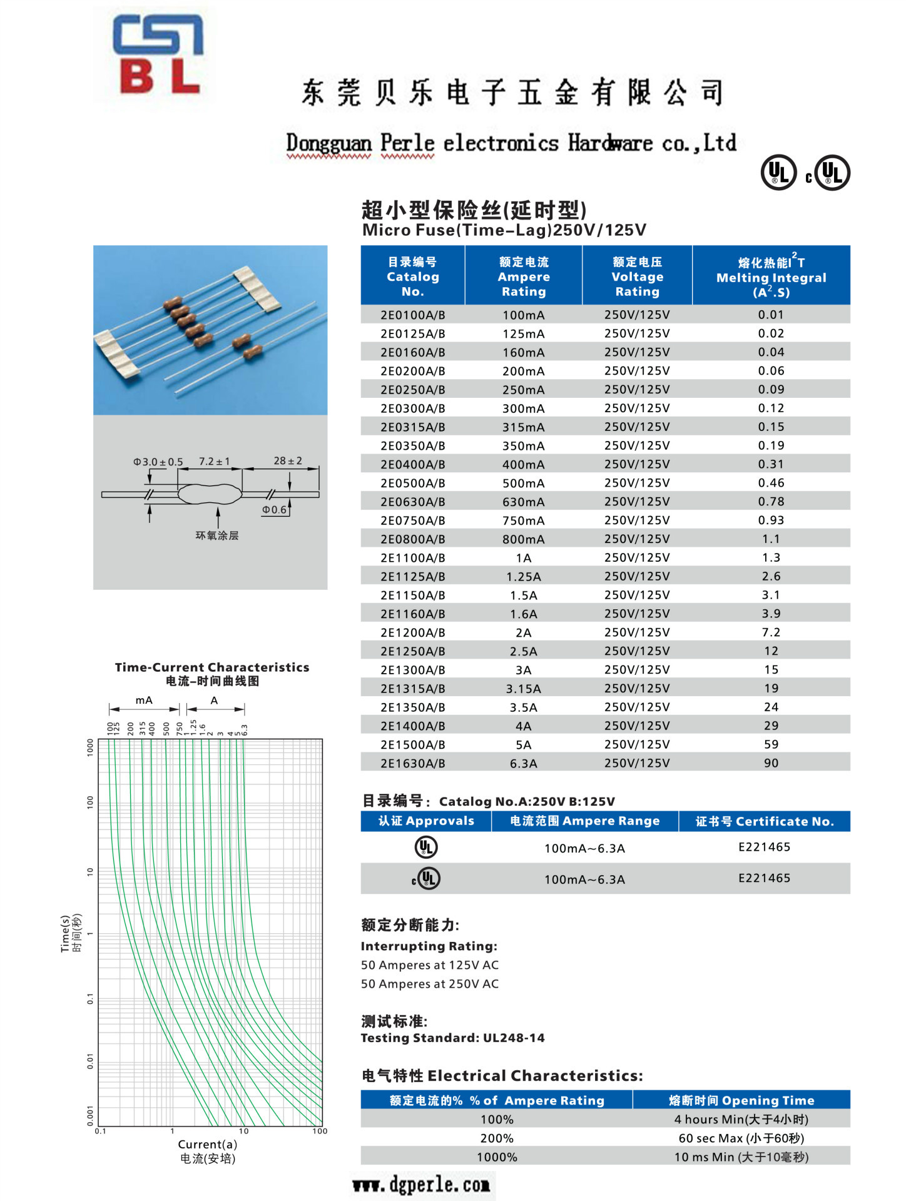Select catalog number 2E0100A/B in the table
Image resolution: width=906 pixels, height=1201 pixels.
click(412, 315)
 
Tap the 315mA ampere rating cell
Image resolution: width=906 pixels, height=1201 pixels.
click(523, 427)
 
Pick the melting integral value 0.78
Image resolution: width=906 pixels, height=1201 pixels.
click(771, 502)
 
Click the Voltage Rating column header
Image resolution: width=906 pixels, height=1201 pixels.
click(637, 276)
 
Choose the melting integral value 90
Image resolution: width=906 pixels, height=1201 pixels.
click(771, 763)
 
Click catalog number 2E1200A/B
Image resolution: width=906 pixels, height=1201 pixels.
click(412, 632)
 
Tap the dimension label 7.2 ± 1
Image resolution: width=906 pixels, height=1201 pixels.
click(214, 462)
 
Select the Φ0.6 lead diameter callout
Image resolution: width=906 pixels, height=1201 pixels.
click(274, 510)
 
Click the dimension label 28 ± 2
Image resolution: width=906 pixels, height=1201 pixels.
click(288, 461)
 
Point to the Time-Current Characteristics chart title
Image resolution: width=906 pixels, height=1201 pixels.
click(212, 667)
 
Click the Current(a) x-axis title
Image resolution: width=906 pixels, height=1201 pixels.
click(207, 1144)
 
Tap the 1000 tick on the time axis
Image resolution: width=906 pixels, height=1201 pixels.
click(90, 747)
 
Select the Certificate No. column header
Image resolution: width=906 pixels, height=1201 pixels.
click(765, 821)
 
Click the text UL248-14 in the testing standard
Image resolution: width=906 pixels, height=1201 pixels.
click(514, 1038)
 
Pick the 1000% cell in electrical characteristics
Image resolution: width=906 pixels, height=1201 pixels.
click(497, 1157)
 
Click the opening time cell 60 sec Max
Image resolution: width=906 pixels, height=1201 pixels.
click(741, 1138)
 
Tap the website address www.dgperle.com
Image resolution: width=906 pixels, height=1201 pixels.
click(421, 1185)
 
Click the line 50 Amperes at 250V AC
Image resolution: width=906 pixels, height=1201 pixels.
click(430, 984)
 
